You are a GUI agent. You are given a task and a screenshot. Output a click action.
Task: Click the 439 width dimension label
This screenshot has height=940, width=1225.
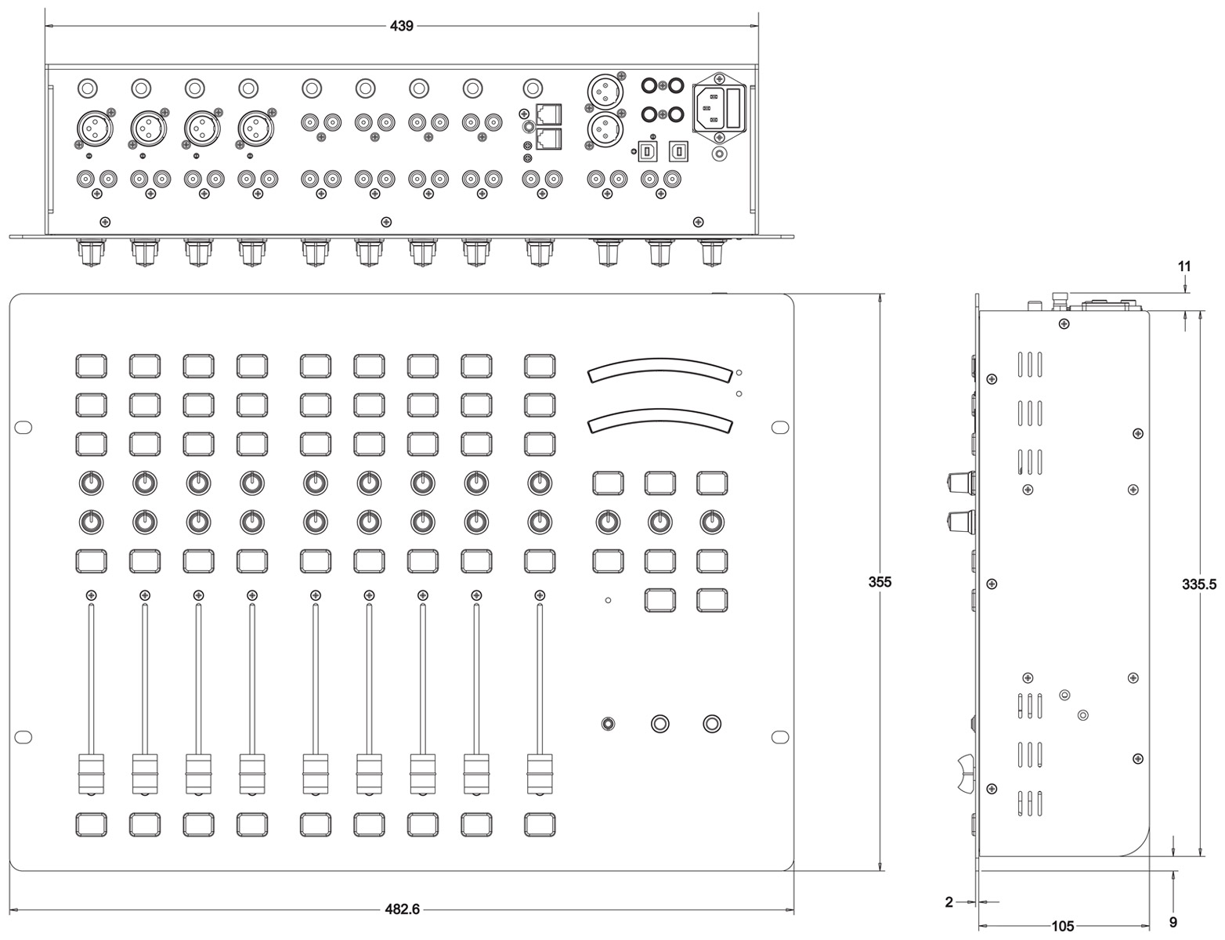[402, 26]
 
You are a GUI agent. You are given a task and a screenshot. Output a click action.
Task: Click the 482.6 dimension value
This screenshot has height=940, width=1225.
[402, 909]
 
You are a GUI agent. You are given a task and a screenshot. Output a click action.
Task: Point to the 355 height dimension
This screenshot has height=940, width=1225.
[880, 582]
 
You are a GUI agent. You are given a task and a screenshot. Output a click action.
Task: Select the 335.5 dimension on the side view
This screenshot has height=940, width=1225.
[1198, 582]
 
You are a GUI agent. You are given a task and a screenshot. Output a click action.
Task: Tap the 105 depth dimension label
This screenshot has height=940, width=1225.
[1062, 926]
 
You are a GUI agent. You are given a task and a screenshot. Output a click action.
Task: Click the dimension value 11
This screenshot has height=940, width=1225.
[1184, 266]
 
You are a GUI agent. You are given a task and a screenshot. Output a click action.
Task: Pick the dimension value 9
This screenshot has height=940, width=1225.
[1173, 922]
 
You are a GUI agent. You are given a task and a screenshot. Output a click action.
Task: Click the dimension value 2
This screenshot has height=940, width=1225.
[949, 902]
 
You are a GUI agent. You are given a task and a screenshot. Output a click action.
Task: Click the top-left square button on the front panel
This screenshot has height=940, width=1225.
[92, 365]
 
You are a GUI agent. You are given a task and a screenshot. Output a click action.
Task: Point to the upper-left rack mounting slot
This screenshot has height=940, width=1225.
[23, 427]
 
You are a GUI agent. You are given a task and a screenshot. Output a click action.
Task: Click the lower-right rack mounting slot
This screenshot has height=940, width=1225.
[780, 736]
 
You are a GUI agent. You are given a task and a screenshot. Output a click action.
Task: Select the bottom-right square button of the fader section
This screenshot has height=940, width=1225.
[540, 824]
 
